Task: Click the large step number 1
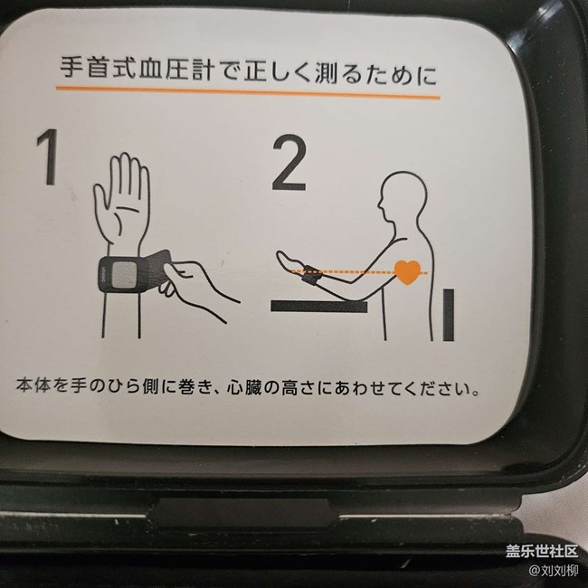click(x=48, y=157)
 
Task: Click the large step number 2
click(x=289, y=164)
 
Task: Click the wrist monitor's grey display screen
click(x=126, y=274)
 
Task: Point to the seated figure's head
click(x=403, y=197)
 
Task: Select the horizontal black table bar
click(x=318, y=307)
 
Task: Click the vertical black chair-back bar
click(x=449, y=315)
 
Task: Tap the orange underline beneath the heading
click(x=248, y=93)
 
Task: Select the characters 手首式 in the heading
click(x=99, y=68)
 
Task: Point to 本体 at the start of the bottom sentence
click(x=33, y=385)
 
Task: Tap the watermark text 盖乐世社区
click(x=542, y=551)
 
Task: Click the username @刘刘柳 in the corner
click(x=553, y=571)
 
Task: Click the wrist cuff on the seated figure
click(x=311, y=274)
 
